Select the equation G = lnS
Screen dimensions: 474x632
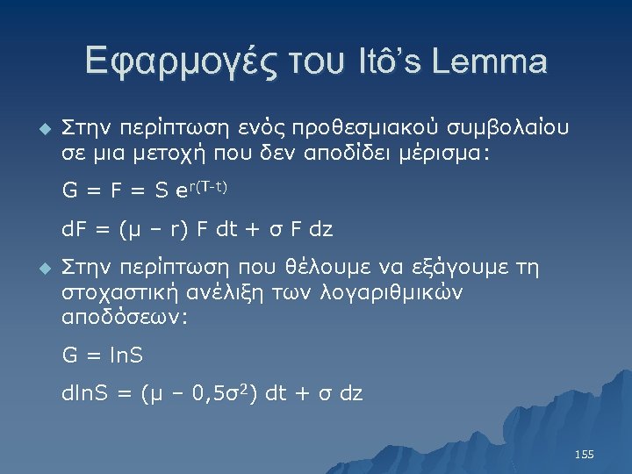[103, 355]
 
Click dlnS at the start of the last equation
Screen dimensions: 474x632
[86, 394]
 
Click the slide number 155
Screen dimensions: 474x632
[584, 454]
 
